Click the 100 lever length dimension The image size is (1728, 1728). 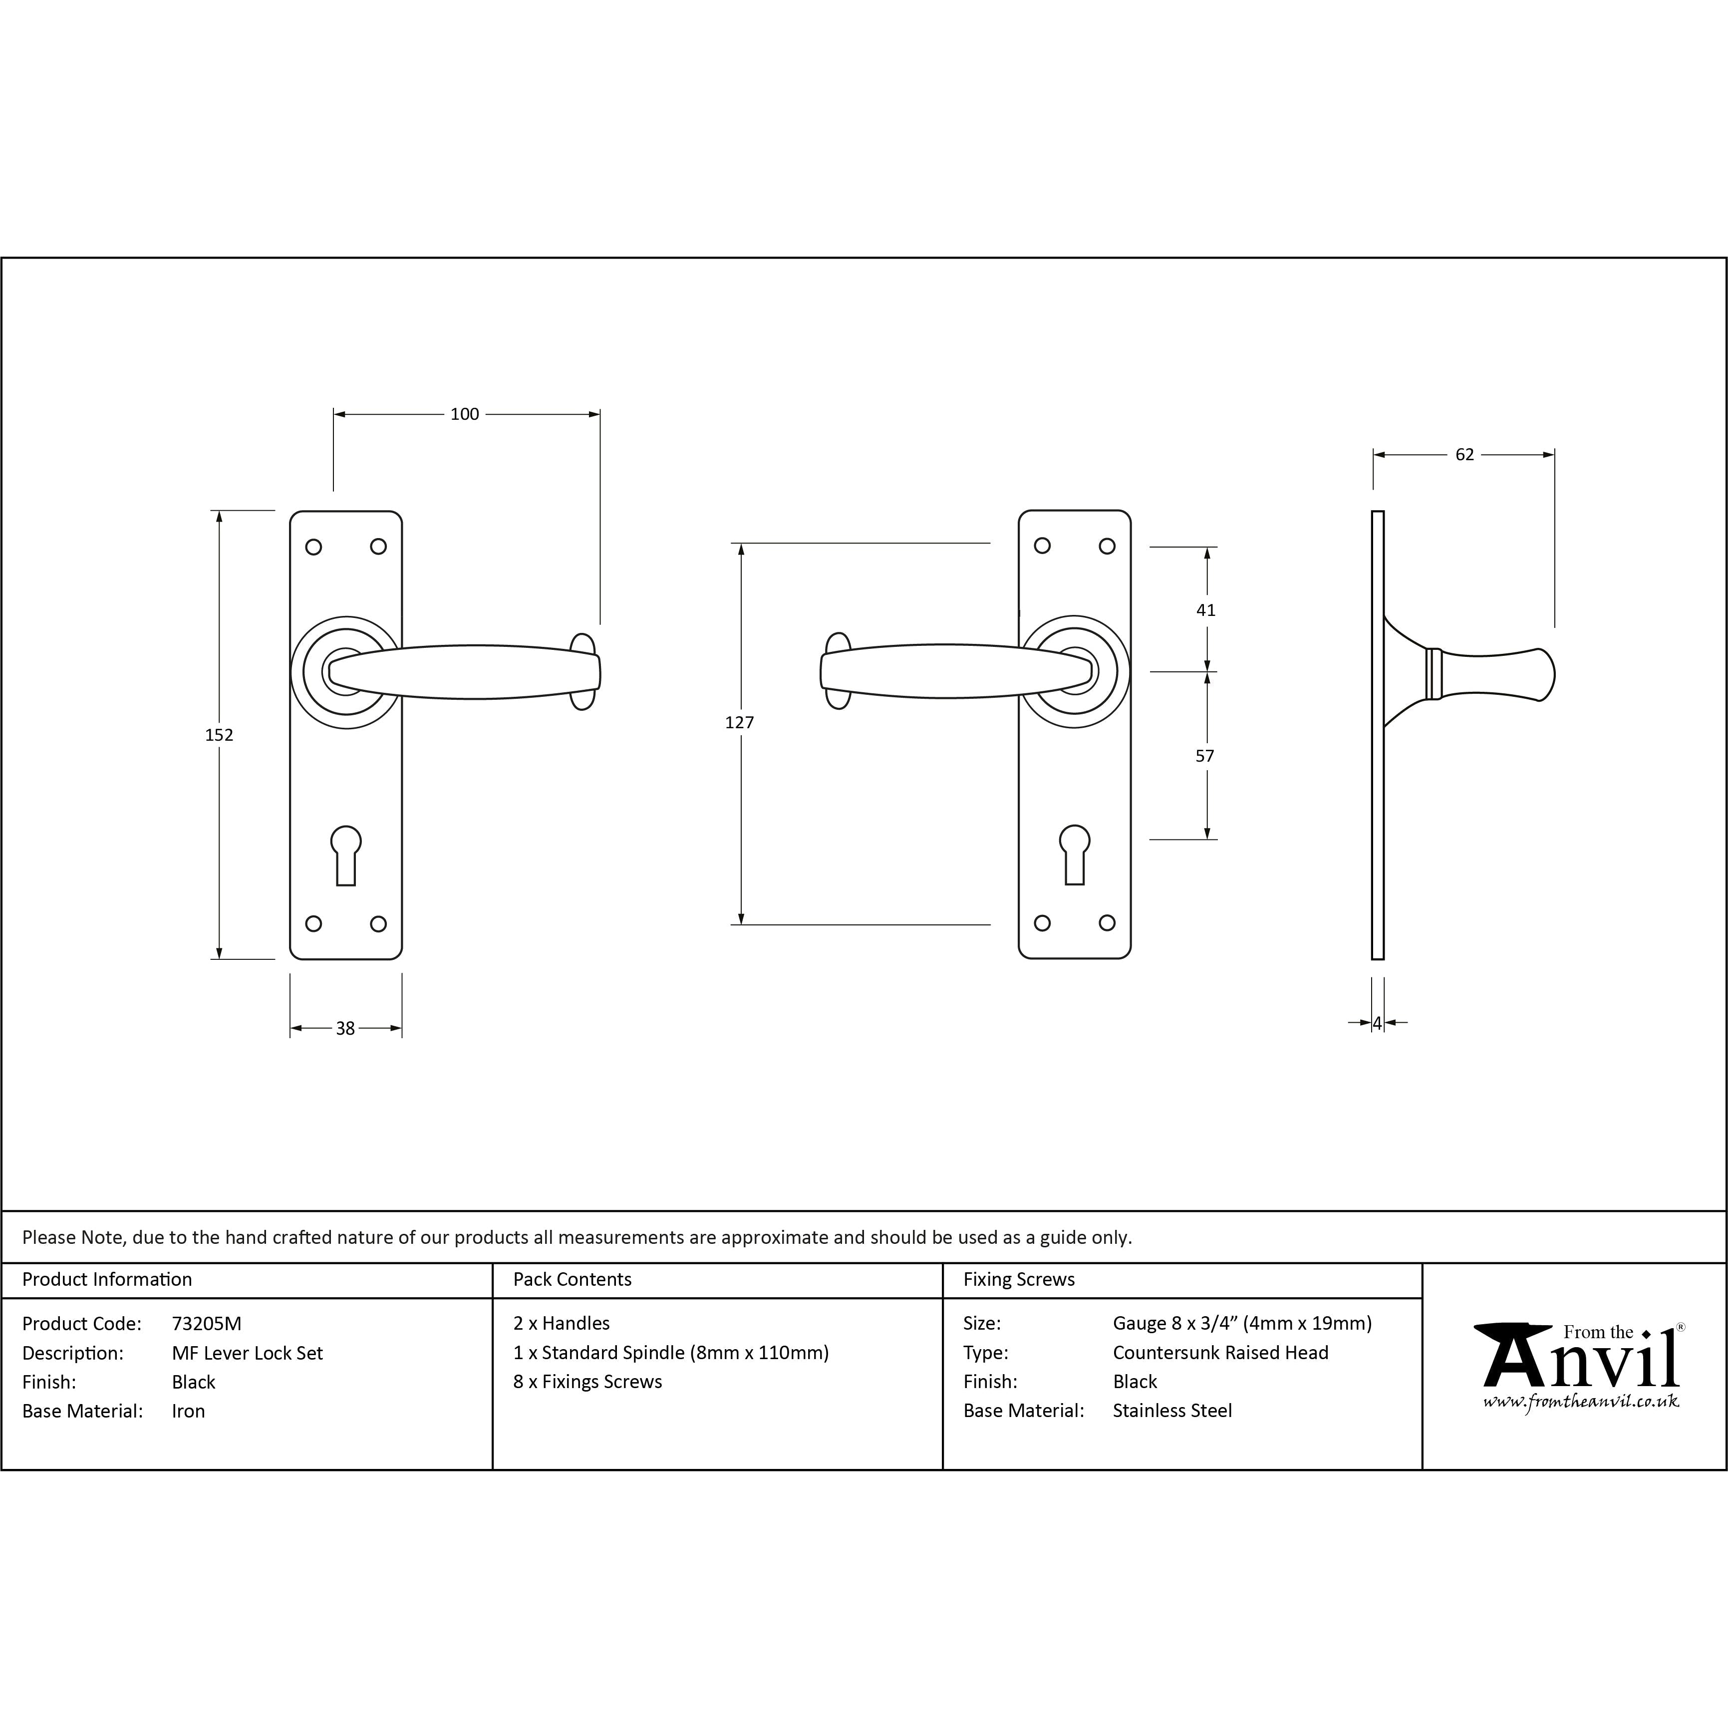(x=464, y=414)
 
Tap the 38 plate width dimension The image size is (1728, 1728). (x=345, y=1029)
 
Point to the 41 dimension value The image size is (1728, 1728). (x=1206, y=610)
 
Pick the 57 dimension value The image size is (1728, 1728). (x=1205, y=756)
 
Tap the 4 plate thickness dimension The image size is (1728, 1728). (x=1378, y=1022)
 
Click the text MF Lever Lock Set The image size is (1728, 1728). (x=247, y=1353)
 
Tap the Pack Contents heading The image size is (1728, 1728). (x=573, y=1280)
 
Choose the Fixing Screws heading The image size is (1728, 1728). (x=1019, y=1280)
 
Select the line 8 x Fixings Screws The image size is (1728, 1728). (x=587, y=1382)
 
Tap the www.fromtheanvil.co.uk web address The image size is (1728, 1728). (x=1580, y=1403)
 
